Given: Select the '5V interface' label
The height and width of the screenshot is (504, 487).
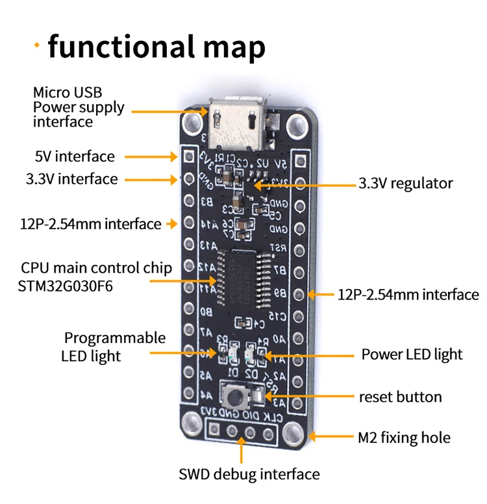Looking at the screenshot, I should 75,157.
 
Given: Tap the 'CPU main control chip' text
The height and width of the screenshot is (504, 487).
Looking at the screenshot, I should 87,268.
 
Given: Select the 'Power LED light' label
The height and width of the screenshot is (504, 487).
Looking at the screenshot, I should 412,354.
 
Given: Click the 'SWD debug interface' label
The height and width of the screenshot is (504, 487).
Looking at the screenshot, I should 249,474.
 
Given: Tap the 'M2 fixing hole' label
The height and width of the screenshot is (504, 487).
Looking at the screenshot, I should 404,438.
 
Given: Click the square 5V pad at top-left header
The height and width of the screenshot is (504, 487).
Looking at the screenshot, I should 189,157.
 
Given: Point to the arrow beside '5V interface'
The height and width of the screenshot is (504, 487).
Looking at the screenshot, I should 149,157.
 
